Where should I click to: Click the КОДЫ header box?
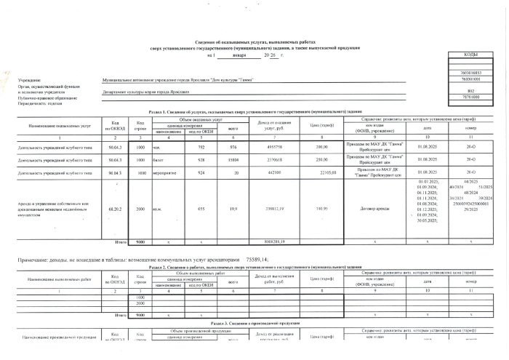[468, 56]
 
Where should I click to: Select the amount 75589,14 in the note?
[257, 259]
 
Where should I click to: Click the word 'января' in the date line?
[239, 56]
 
